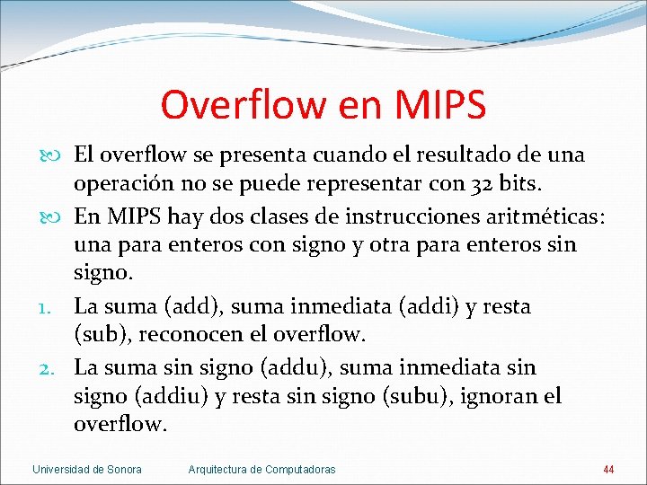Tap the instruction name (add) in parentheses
[186, 307]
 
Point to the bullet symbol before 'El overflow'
[48, 155]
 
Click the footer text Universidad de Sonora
[86, 470]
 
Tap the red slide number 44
[608, 470]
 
